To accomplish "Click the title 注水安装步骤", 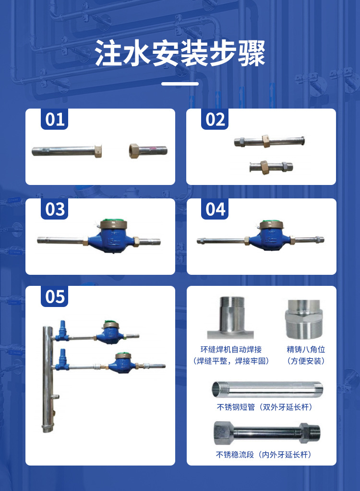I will pos(180,54).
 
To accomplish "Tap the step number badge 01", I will pos(55,119).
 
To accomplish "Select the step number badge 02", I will pos(215,119).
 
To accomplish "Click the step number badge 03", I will pos(55,209).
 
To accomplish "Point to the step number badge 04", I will pos(215,209).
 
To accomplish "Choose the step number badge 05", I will pos(55,296).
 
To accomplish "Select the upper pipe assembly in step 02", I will pos(269,141).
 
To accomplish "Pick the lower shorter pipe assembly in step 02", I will pos(269,167).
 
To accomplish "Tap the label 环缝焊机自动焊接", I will pos(231,349).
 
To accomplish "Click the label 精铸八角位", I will pos(306,349).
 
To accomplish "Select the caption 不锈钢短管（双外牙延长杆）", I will pos(264,407).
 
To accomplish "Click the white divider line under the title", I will pos(180,84).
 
